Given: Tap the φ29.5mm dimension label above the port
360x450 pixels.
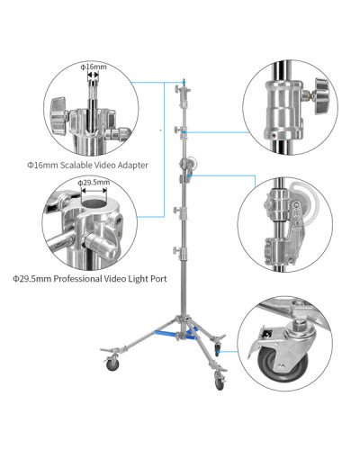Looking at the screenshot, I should tap(94, 183).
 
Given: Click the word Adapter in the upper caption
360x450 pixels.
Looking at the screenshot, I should tap(129, 166).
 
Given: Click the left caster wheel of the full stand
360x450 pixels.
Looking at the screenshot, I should tap(111, 364).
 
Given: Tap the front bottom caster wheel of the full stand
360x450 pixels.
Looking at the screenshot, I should tap(219, 383).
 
